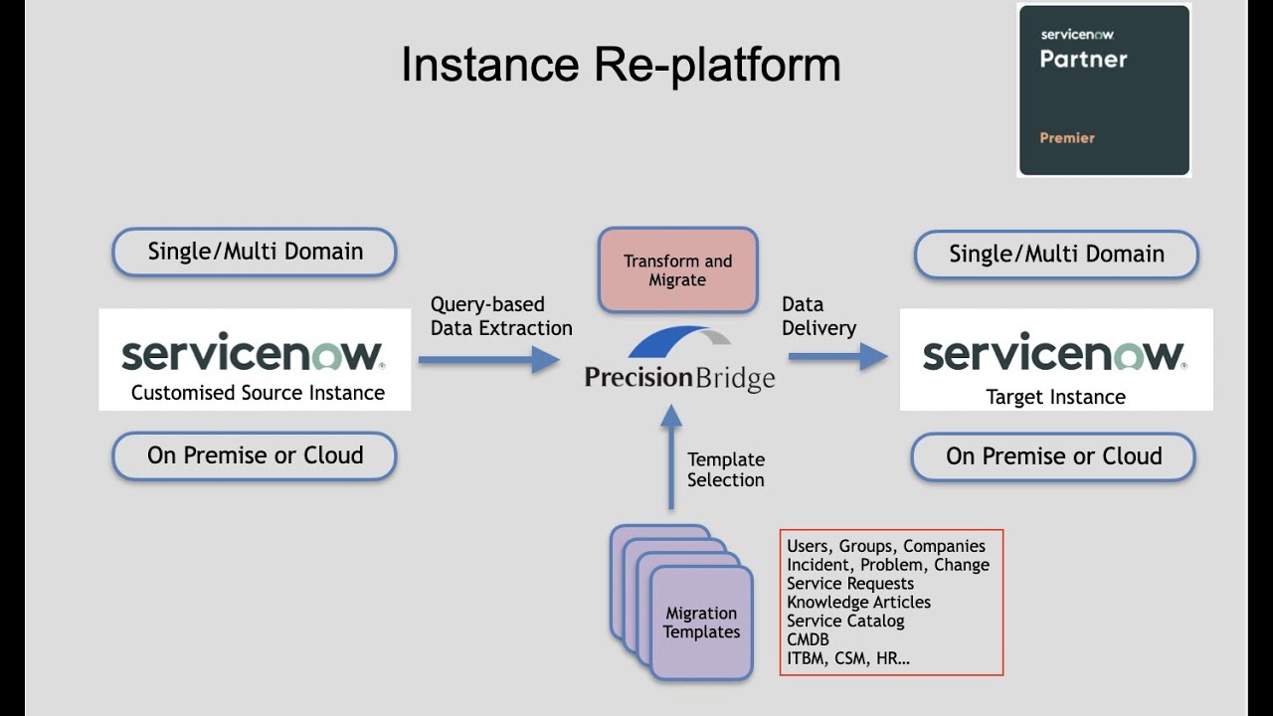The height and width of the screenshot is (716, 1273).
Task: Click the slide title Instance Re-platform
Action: (621, 65)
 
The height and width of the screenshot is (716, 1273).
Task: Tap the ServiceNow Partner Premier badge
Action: (1103, 90)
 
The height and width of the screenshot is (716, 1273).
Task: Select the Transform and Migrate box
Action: (677, 270)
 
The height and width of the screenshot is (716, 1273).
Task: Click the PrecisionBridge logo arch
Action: (680, 342)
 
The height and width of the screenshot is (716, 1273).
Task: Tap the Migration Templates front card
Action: (701, 624)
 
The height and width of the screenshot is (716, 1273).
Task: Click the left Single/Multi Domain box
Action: (255, 252)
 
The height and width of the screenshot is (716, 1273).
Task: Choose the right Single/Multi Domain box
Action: (1056, 254)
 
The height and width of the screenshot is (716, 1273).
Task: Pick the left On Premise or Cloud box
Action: (255, 455)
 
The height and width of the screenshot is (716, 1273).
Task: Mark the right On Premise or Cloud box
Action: (1053, 456)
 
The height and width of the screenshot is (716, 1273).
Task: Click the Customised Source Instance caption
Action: (258, 393)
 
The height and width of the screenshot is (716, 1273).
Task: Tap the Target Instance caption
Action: (1055, 397)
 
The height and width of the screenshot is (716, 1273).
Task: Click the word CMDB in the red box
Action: (808, 639)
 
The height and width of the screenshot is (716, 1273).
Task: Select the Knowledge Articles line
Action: (858, 602)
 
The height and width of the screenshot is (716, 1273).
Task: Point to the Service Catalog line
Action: (845, 621)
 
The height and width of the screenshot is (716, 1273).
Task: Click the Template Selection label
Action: (726, 469)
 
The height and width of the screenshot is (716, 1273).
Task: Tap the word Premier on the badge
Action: (1066, 138)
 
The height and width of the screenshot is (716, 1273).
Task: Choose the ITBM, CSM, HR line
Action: (847, 658)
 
